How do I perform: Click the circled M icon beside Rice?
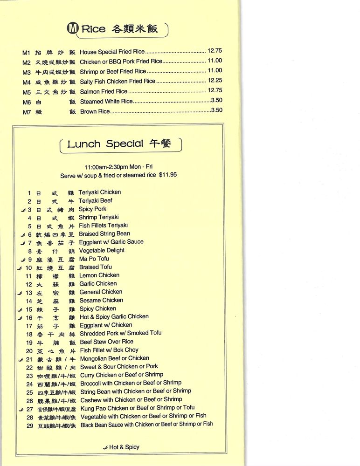(73, 28)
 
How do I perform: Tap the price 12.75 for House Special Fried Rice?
(215, 51)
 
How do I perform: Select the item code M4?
(26, 82)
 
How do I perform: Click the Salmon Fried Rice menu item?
(104, 91)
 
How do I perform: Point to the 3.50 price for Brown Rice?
(216, 110)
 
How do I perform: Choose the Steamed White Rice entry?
(106, 101)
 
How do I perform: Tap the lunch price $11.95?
(168, 175)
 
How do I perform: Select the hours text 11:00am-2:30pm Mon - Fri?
(118, 167)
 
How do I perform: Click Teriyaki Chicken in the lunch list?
(99, 192)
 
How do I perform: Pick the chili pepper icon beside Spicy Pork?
(23, 210)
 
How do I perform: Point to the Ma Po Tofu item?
(94, 259)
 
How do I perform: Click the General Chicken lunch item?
(101, 292)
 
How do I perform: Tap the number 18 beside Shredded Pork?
(29, 334)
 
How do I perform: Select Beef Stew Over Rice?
(106, 342)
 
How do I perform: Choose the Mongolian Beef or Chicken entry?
(114, 358)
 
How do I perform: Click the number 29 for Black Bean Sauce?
(30, 425)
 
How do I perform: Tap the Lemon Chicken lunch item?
(99, 275)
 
